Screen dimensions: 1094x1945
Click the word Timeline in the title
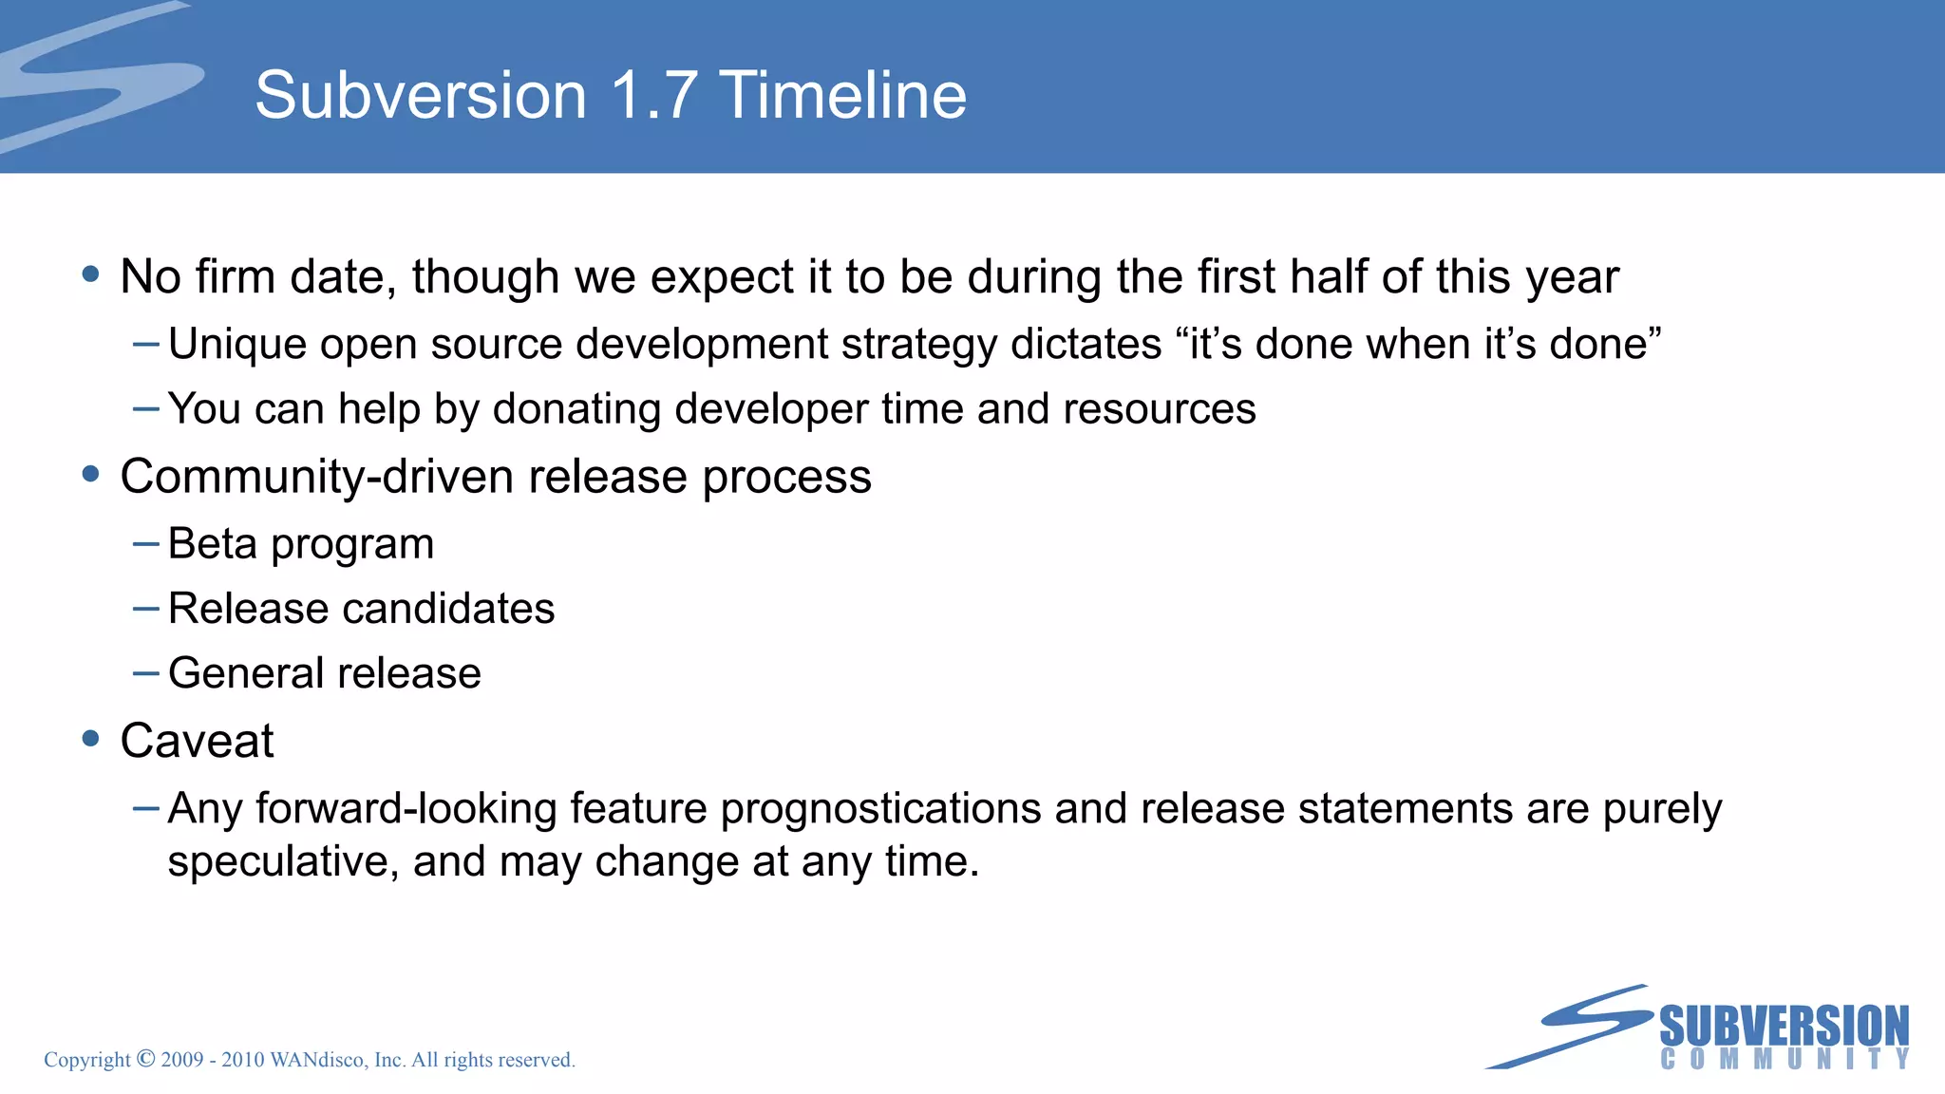(843, 96)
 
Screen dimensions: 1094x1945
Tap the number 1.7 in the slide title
(653, 96)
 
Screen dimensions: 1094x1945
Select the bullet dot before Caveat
(91, 739)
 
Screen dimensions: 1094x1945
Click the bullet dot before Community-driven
(91, 474)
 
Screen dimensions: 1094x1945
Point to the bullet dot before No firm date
(91, 274)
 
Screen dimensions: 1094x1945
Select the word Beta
(213, 544)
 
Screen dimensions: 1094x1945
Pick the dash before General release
(146, 673)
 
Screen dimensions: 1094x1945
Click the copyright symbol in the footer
(145, 1058)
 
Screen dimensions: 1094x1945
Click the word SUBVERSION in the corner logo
(1784, 1027)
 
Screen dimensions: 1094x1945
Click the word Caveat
(197, 741)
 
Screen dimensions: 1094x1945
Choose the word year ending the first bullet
(1572, 277)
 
